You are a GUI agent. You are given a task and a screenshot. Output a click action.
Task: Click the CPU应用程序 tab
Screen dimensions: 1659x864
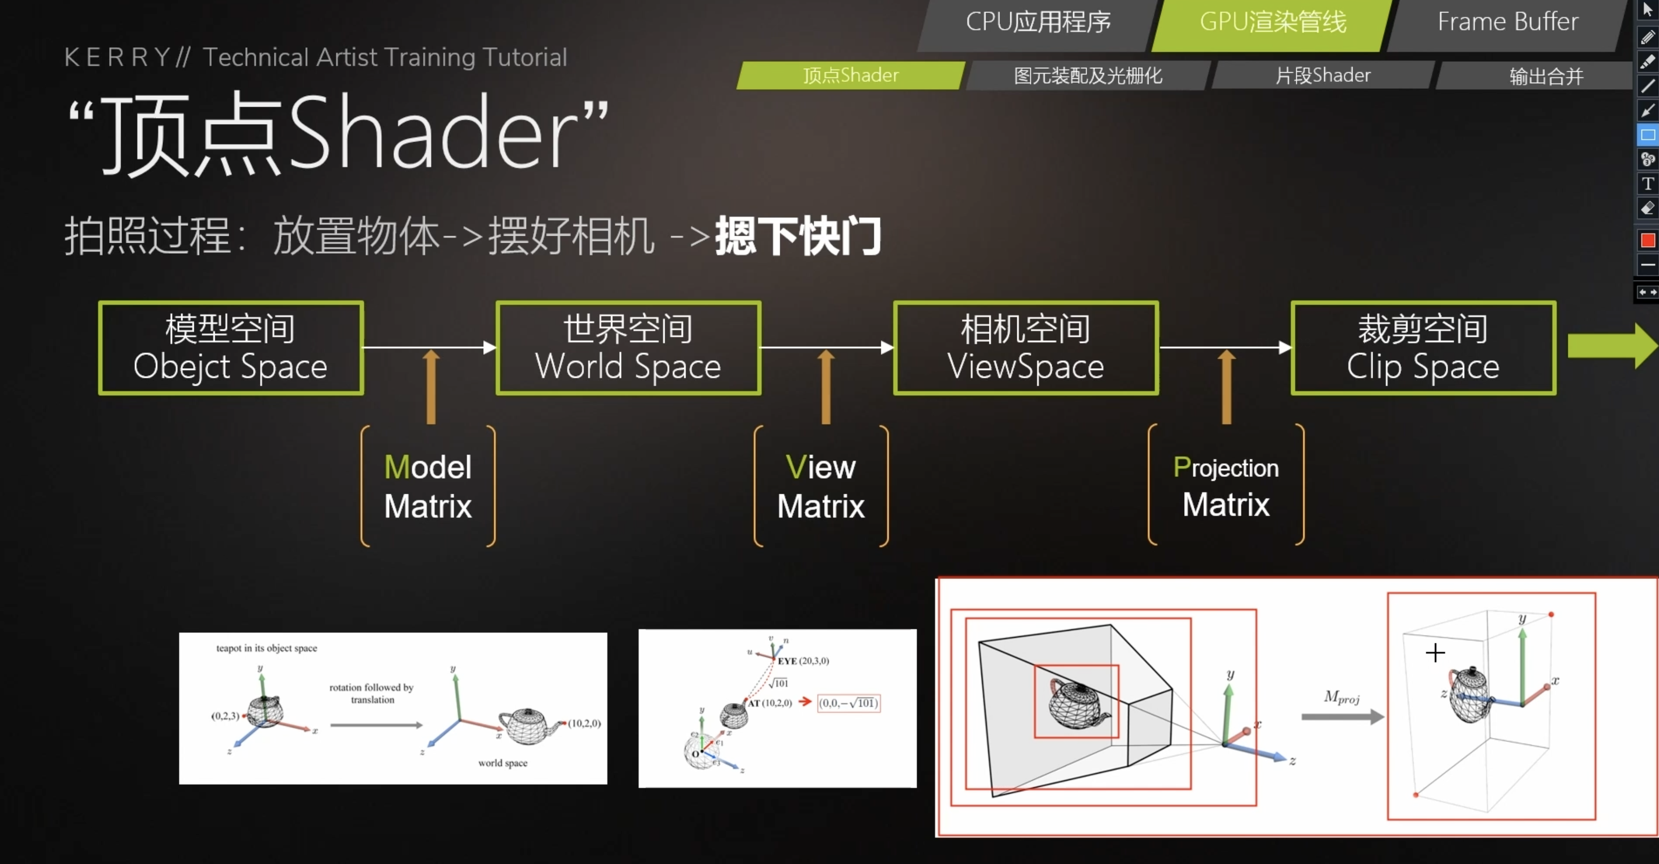coord(1038,22)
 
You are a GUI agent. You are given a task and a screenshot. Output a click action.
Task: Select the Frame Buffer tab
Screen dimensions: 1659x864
coord(1507,22)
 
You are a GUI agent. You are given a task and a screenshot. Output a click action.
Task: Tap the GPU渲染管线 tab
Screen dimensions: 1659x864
coord(1272,22)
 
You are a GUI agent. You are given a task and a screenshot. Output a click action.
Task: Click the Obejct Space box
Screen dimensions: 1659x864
coord(231,348)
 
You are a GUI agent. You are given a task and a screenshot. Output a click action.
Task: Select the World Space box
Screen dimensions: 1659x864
coord(628,348)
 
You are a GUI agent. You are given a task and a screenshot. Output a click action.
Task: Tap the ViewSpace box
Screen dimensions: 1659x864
coord(1025,348)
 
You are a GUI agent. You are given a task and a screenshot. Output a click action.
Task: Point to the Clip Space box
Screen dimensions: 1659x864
coord(1423,348)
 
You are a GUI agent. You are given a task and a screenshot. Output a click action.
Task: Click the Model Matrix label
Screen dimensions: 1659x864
coord(427,486)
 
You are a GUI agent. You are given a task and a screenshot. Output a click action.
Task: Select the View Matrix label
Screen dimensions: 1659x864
coord(821,486)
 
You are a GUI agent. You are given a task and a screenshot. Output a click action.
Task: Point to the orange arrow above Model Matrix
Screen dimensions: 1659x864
coord(431,387)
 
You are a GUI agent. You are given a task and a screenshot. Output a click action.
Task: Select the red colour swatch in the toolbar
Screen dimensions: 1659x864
coord(1648,240)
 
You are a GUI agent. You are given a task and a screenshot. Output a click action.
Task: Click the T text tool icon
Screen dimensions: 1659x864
coord(1648,184)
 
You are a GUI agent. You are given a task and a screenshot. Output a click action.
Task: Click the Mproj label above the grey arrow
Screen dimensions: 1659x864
coord(1342,697)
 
